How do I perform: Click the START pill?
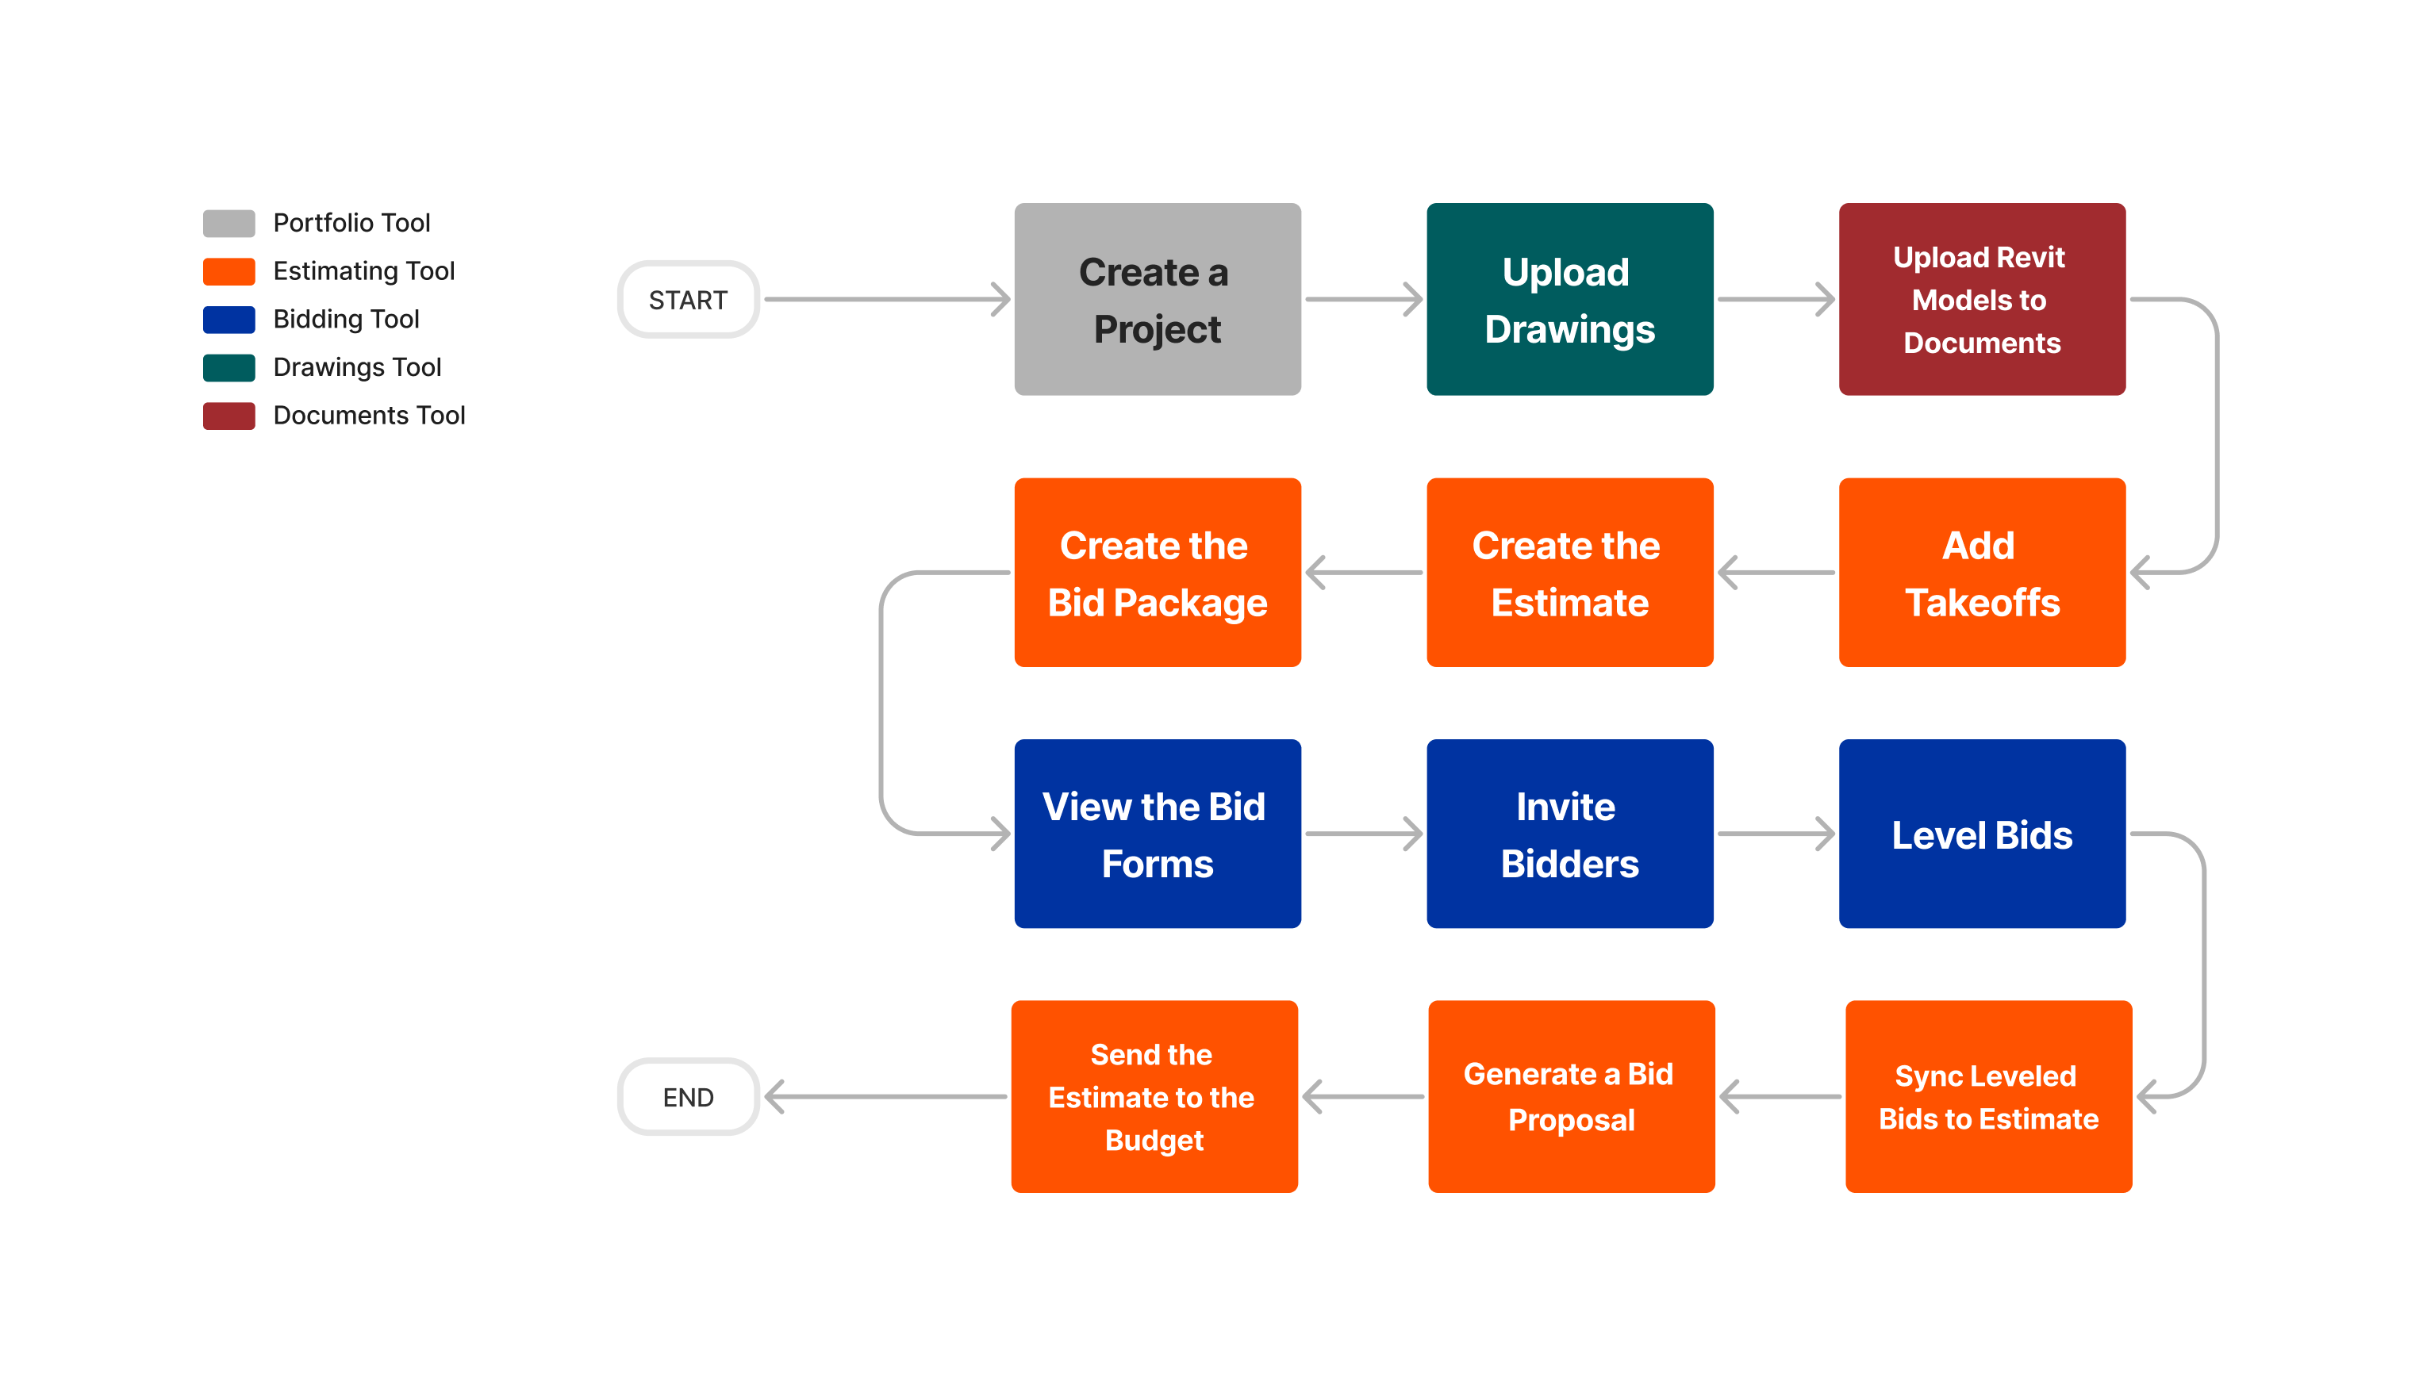pos(688,299)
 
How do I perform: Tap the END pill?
pos(688,1097)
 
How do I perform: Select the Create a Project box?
pos(1157,299)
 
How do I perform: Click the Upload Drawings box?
pos(1569,299)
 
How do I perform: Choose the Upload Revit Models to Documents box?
pos(1981,299)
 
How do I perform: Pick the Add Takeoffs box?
pos(1981,573)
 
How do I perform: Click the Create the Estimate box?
pos(1569,573)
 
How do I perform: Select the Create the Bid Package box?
pos(1157,573)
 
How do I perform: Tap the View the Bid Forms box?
pos(1157,833)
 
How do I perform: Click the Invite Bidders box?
pos(1569,833)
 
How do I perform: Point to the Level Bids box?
pos(1981,833)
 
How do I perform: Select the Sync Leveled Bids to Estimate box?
pos(1987,1097)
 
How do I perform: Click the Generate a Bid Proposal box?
pos(1571,1097)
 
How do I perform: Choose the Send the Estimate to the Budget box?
pos(1154,1097)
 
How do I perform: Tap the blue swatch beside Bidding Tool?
pos(228,320)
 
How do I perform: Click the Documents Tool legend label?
pos(368,415)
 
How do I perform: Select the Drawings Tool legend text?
pos(357,367)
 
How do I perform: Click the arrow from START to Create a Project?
pos(886,299)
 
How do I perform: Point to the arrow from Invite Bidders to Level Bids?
pos(1775,833)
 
